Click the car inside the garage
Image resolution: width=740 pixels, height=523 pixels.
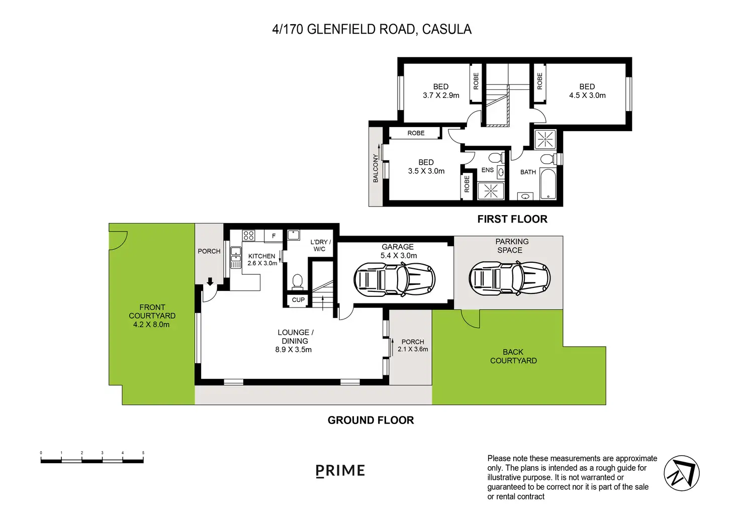coord(394,279)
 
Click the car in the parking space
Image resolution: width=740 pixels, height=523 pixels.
coord(509,278)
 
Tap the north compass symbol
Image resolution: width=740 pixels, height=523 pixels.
coord(682,473)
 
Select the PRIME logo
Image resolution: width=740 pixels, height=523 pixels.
coord(340,471)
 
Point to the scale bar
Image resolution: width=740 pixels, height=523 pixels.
coord(92,460)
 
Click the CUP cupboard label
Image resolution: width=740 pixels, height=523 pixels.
coord(298,300)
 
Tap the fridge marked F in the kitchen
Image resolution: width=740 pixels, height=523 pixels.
coord(273,236)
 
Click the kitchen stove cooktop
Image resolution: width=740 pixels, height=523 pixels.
coord(248,236)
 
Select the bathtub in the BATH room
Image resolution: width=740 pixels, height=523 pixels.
coord(548,183)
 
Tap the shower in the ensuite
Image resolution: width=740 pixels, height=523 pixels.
coord(491,191)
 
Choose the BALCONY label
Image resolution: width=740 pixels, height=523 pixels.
coord(376,168)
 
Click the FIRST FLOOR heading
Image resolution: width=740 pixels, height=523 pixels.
coord(512,219)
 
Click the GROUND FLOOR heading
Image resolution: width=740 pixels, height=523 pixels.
coord(371,420)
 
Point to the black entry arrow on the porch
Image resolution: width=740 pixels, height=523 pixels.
coord(210,282)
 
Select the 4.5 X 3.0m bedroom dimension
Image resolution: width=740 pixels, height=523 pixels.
coord(587,95)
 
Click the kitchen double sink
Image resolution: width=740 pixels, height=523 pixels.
coord(236,257)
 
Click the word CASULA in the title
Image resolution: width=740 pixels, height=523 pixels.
coord(446,29)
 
